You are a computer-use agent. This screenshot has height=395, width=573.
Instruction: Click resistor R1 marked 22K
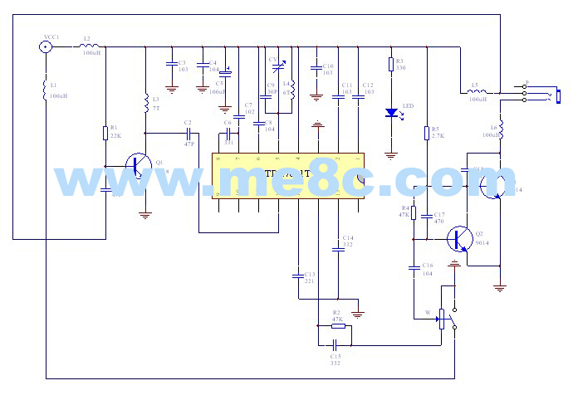[x=106, y=132]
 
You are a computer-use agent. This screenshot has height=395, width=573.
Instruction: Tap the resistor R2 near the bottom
[x=337, y=326]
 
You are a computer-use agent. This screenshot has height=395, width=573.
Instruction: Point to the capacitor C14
[x=337, y=246]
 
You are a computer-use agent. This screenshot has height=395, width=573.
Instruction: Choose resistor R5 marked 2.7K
[x=425, y=133]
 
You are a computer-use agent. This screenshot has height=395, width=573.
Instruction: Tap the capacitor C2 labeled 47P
[x=189, y=133]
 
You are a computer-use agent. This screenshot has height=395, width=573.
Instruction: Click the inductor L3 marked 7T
[x=146, y=104]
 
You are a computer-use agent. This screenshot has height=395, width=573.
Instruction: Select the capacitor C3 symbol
[x=171, y=65]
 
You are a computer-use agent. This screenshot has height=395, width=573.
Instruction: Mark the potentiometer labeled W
[x=442, y=318]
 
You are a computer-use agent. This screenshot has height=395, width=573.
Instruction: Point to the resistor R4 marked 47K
[x=414, y=212]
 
